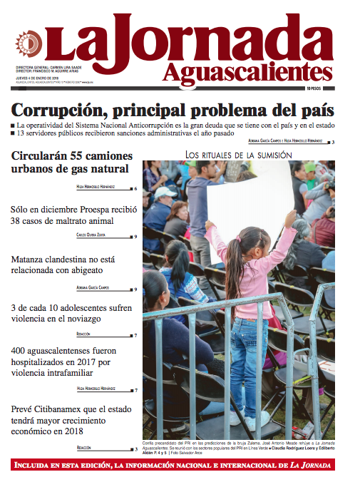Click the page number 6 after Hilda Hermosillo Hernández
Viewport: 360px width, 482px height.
click(x=135, y=189)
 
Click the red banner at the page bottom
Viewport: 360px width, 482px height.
click(x=180, y=466)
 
